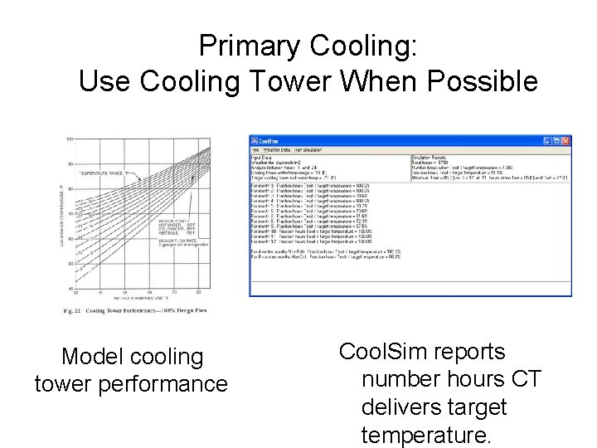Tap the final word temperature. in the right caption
coord(426,435)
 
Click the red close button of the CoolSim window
coord(565,141)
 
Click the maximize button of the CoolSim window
coord(556,141)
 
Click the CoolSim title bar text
coord(267,141)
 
